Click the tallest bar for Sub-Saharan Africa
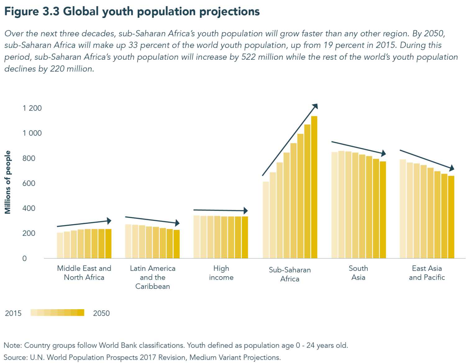[x=314, y=187]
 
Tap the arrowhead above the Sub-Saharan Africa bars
[x=315, y=106]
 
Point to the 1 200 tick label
[x=32, y=108]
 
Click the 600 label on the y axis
[x=29, y=183]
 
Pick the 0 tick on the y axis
[x=25, y=258]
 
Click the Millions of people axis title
[x=8, y=182]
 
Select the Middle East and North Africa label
[x=84, y=273]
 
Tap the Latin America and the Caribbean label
[x=153, y=277]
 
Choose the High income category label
[x=221, y=273]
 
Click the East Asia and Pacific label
[x=427, y=273]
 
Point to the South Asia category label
[x=358, y=273]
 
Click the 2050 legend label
[x=101, y=313]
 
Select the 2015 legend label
[x=13, y=313]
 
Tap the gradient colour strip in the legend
[x=57, y=313]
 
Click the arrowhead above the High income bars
[x=246, y=211]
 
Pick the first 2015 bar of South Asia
[x=335, y=205]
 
